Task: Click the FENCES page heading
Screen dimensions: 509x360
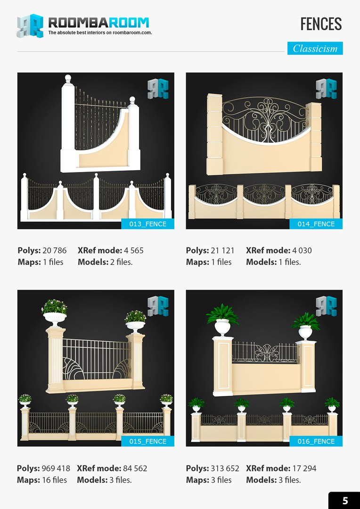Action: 321,24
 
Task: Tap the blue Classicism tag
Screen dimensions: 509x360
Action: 315,49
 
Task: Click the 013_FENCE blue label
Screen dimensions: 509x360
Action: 147,224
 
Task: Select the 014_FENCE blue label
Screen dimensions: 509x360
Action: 316,224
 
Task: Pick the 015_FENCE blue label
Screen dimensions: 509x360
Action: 147,441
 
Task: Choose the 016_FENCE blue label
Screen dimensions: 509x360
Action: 316,441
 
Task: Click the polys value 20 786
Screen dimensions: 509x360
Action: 55,251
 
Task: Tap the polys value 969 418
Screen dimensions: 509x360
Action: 56,468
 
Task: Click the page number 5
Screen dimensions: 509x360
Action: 345,501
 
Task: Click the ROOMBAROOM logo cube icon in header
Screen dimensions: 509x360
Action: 30,25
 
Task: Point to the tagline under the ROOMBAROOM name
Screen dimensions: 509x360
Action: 100,33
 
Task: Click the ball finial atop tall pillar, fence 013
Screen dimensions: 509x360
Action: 68,78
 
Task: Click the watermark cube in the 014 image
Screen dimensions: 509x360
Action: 326,89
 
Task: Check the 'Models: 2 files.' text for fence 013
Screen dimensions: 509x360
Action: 105,262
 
